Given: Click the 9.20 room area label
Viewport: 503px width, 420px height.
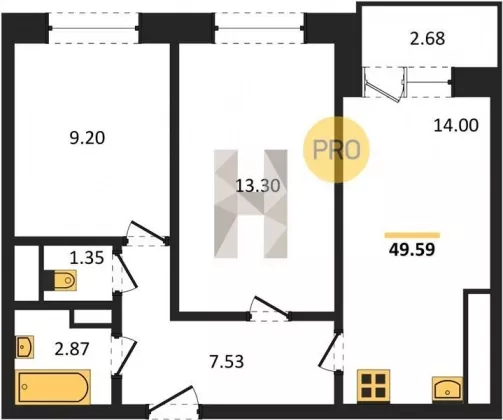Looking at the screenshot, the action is tap(87, 138).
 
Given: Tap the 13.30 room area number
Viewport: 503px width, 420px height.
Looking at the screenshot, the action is tap(258, 186).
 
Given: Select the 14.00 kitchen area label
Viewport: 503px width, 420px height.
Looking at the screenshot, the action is tap(456, 125).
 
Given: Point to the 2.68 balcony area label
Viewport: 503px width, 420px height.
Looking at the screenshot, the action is tap(427, 38).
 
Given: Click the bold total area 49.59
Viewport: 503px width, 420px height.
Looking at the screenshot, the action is tap(412, 249).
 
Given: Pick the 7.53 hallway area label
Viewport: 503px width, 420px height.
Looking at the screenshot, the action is tap(227, 362).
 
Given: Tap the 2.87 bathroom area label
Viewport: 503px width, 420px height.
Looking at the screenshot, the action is tap(72, 349).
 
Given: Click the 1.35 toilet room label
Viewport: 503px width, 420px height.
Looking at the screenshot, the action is tap(87, 258).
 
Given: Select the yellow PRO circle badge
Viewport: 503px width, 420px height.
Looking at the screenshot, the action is tap(336, 150).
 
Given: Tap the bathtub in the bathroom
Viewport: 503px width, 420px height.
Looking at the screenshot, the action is tap(53, 387).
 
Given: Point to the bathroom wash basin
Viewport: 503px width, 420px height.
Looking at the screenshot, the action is tap(25, 347).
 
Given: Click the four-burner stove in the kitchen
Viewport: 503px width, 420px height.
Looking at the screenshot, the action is tap(373, 385).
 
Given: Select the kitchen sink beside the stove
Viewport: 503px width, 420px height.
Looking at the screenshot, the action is tap(447, 389).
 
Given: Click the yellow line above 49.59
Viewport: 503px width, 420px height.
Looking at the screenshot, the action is tap(412, 235).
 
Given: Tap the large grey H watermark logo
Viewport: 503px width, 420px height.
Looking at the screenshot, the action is tap(251, 204).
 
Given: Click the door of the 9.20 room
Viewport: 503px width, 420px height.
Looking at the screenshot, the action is tap(146, 233).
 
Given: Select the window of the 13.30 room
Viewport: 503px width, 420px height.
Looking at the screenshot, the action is tap(260, 28).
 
